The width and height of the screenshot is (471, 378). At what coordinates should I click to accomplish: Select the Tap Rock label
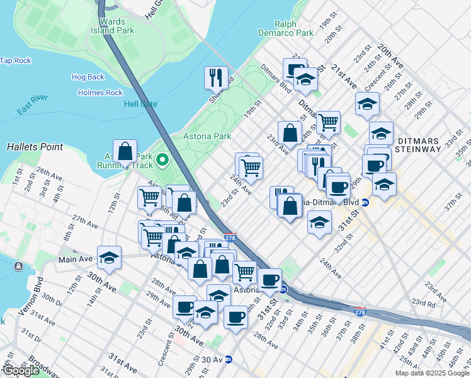coord(16,60)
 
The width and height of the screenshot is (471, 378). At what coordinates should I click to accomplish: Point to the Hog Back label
coord(88,77)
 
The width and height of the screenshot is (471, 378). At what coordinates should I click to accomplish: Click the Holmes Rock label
coord(100,93)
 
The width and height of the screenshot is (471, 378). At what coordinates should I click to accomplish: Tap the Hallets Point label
coord(35,147)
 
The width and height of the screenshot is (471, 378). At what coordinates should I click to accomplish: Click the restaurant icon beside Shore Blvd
coord(216,77)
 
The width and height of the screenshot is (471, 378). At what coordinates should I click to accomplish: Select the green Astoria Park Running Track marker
coord(163,160)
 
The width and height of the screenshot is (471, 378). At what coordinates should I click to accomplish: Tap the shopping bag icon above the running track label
coord(125,151)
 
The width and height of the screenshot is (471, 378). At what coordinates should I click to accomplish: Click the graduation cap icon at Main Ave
coord(110,257)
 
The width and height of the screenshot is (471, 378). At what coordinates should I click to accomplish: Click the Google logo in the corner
coord(21,370)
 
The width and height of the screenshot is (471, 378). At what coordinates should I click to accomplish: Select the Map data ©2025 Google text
coord(432,373)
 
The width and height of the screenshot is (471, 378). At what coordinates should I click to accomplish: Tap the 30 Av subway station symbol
coord(229,360)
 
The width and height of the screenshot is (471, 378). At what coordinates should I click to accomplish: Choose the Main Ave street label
coord(76,259)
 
